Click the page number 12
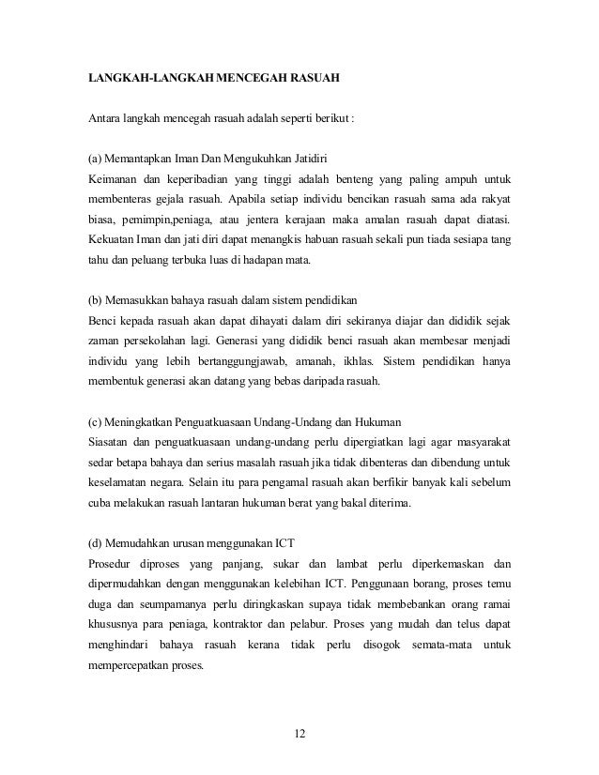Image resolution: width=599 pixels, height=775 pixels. click(299, 733)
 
